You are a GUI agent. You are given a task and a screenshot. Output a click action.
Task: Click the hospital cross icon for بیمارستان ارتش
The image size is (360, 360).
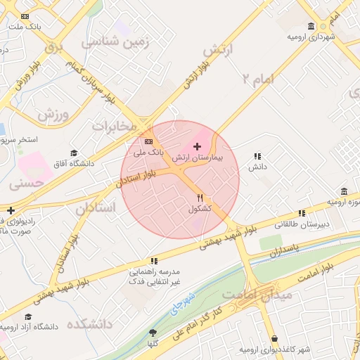(x=196, y=146)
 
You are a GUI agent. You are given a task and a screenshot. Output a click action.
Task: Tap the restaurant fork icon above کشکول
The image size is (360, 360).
(x=200, y=197)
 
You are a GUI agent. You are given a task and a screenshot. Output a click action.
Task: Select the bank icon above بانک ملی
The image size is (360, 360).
(x=148, y=141)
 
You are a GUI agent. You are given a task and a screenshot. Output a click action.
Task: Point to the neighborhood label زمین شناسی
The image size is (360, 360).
(x=116, y=42)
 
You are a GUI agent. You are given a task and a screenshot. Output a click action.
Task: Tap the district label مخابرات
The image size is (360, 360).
(x=113, y=125)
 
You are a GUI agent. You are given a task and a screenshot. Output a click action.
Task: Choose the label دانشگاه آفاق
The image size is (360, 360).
(x=75, y=164)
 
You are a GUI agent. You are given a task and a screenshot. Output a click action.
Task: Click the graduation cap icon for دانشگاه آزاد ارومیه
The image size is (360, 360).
(x=29, y=317)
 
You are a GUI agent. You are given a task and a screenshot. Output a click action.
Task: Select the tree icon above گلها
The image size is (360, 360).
(x=153, y=333)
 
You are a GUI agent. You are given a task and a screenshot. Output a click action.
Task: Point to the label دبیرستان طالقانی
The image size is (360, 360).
(x=303, y=224)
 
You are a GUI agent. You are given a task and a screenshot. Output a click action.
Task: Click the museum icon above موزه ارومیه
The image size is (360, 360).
(x=344, y=191)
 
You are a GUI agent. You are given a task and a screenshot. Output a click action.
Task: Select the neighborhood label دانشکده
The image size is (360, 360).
(x=89, y=324)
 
